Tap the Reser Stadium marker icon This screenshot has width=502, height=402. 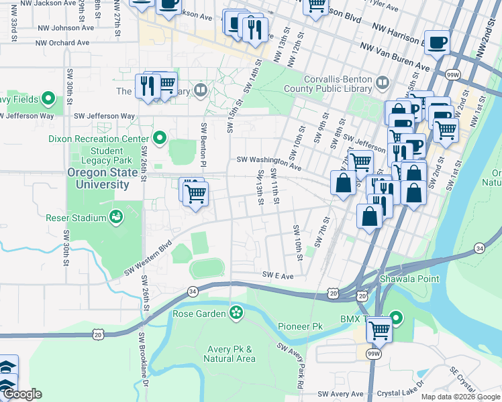[x=116, y=217]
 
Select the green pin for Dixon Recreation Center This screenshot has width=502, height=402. [x=160, y=139]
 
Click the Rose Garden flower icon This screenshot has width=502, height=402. [x=236, y=313]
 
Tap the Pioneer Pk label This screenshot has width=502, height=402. [x=300, y=326]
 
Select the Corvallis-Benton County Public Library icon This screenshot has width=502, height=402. [x=383, y=83]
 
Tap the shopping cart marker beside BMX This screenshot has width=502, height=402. [x=380, y=329]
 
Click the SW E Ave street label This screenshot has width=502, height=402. [x=279, y=275]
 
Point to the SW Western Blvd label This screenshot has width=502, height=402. [x=148, y=259]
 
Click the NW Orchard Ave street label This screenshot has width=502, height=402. [x=64, y=42]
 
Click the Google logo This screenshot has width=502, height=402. [x=21, y=394]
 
